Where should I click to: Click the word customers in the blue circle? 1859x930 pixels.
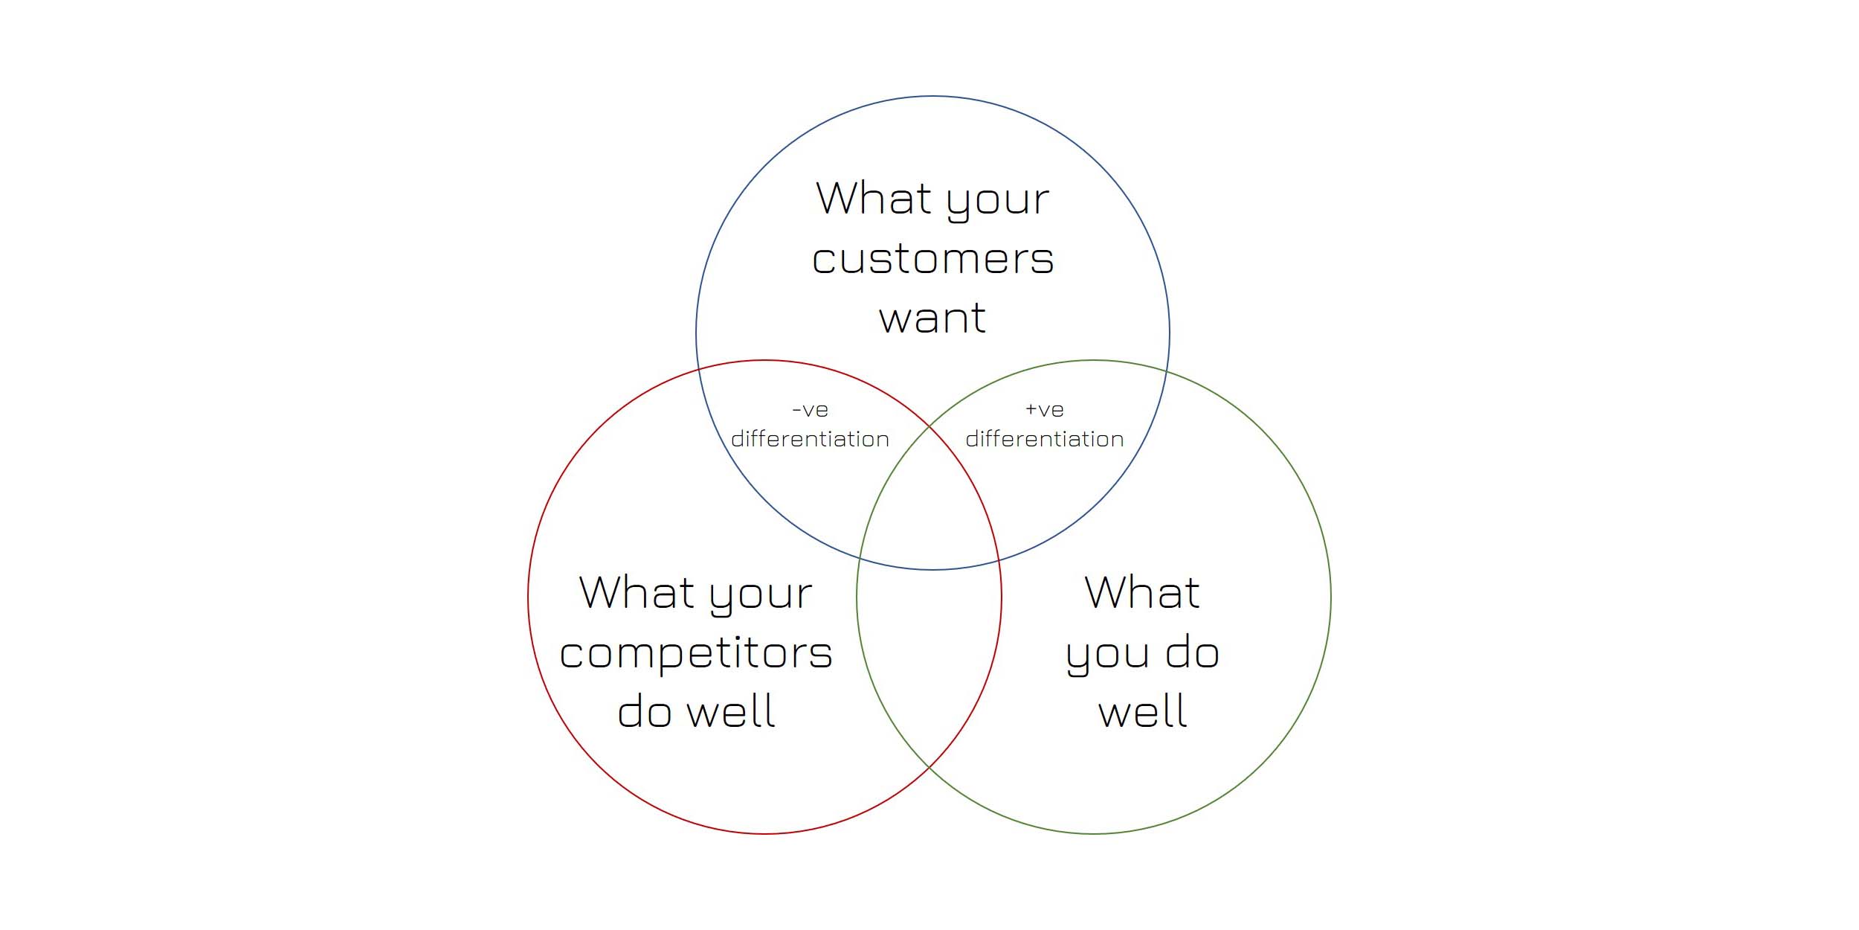pyautogui.click(x=932, y=259)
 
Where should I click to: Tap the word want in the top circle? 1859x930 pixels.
pyautogui.click(x=932, y=318)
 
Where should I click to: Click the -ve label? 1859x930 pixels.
pyautogui.click(x=810, y=410)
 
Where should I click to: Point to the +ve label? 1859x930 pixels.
pyautogui.click(x=1045, y=410)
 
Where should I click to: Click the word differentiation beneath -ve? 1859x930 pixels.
pyautogui.click(x=810, y=439)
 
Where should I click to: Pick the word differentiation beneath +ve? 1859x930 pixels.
pyautogui.click(x=1045, y=439)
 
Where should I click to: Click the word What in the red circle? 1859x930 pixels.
pyautogui.click(x=637, y=592)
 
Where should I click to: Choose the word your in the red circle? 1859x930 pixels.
pyautogui.click(x=761, y=597)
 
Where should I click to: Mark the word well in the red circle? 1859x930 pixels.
pyautogui.click(x=731, y=711)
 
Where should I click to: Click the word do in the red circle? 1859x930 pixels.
pyautogui.click(x=645, y=711)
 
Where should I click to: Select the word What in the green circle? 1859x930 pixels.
pyautogui.click(x=1142, y=592)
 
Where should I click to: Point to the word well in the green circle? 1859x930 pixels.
pyautogui.click(x=1143, y=711)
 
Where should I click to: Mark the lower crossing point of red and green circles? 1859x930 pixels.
pyautogui.click(x=929, y=766)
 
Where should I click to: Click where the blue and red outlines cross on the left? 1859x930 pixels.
pyautogui.click(x=698, y=369)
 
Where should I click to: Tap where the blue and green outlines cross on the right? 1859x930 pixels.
pyautogui.click(x=1167, y=370)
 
